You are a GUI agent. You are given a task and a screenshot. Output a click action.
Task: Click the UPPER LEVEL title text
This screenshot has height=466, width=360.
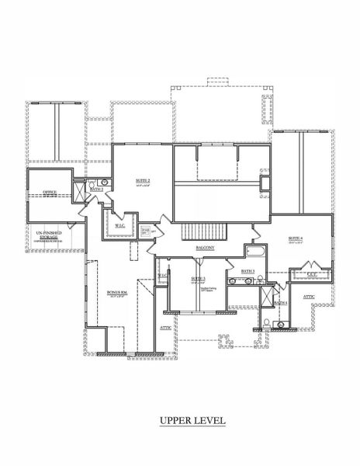192,420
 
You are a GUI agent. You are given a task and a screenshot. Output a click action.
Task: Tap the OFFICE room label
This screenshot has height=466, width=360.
50,191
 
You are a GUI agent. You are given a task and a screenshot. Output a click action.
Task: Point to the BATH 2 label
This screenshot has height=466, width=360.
96,189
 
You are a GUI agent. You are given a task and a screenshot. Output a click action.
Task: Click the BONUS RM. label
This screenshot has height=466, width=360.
118,293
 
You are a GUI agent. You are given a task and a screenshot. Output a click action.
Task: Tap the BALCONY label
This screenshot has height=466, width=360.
205,249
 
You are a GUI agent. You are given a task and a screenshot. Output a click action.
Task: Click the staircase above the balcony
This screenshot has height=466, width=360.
203,231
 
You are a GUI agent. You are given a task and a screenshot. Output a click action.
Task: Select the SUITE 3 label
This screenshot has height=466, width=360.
199,277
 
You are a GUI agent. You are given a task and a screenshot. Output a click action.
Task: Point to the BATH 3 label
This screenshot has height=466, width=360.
247,271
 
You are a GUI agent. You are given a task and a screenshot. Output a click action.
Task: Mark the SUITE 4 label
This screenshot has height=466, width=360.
296,238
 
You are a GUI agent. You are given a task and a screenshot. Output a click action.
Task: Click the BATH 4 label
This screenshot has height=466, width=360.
280,302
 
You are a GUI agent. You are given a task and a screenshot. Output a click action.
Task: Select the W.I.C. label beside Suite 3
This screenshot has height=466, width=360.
163,275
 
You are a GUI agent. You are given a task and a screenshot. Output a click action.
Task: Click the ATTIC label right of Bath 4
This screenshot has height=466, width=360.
309,297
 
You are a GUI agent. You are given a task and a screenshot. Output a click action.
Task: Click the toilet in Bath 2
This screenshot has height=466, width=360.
92,183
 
